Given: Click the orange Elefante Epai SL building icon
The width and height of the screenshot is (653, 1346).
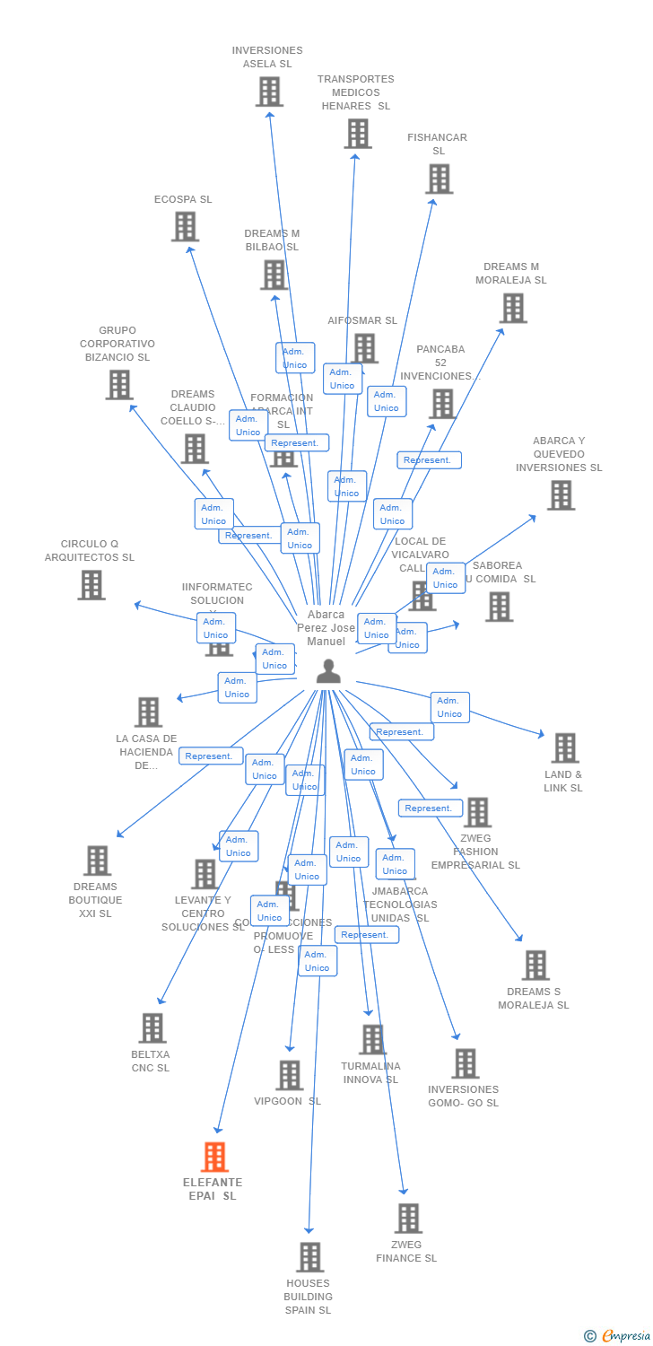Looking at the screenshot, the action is [x=214, y=1157].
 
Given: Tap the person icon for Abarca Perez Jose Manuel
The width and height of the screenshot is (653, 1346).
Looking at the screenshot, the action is [x=328, y=671].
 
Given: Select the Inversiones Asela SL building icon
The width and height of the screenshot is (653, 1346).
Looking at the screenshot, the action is [x=269, y=92].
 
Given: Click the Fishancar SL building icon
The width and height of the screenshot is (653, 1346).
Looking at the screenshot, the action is [x=439, y=179].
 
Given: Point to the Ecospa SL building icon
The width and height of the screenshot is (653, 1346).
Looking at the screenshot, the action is [x=185, y=226].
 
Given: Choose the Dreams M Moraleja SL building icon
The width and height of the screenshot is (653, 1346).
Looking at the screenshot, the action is [x=513, y=308].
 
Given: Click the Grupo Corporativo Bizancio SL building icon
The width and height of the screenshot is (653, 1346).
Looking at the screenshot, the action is [x=118, y=384].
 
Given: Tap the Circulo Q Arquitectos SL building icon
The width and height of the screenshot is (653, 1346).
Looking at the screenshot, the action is [x=91, y=584].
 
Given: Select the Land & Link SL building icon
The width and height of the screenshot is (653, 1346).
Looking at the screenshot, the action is [x=564, y=747].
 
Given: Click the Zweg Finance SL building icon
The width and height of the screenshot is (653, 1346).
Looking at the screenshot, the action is [x=408, y=1218].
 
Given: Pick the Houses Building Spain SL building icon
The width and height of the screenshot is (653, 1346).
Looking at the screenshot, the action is [x=309, y=1256].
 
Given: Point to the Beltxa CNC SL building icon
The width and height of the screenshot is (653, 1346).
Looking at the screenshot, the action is [x=152, y=1027].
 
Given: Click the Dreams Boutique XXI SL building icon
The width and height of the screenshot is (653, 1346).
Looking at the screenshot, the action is [x=97, y=860].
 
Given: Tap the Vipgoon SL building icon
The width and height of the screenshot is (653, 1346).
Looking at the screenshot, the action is [x=289, y=1074].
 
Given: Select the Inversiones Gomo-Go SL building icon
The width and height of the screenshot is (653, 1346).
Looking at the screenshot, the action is [x=465, y=1063].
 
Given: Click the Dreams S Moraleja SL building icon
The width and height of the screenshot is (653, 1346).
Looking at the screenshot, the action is [x=535, y=965].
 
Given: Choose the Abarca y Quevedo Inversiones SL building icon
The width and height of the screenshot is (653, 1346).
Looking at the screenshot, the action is [x=561, y=494].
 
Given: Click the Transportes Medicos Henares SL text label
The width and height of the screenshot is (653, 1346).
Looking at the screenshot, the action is [x=356, y=92].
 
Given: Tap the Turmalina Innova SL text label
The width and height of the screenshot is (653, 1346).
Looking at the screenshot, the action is [x=370, y=1072].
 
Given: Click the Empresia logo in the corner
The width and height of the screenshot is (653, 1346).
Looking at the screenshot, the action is [x=619, y=1336].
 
